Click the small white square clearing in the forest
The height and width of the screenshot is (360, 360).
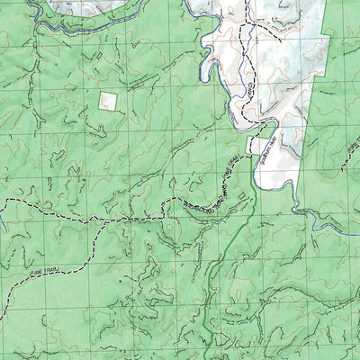point(108,101)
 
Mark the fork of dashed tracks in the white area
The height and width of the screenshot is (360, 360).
point(244,28)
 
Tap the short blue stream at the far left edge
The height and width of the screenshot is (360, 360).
point(3,220)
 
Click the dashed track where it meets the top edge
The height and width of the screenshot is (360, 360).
point(241,3)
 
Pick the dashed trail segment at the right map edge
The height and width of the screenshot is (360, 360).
point(353,166)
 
